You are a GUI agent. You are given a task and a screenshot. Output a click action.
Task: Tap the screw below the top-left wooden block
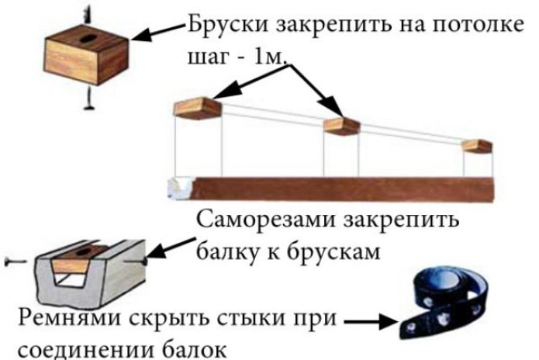tap(88, 97)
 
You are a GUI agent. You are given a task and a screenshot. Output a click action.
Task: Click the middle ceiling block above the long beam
tap(340, 125)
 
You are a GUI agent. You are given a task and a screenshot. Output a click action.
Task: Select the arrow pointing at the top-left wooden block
tap(158, 34)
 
